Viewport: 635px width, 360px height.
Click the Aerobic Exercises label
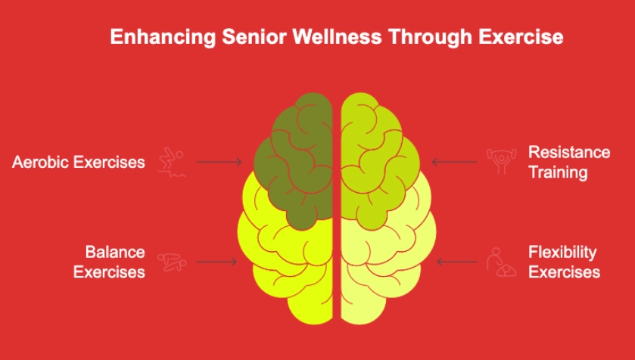[x=79, y=162]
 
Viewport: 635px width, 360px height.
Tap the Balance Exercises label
[x=109, y=262]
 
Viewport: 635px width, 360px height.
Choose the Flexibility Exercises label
[x=563, y=262]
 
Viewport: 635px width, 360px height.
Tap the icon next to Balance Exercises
[x=171, y=262]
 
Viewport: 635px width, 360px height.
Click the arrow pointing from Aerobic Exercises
[x=219, y=162]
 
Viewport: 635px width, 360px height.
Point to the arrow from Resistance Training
[x=454, y=161]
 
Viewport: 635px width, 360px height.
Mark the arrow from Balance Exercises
[x=216, y=262]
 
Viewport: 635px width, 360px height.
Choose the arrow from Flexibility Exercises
[x=456, y=262]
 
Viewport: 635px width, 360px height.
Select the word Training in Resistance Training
[x=558, y=172]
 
